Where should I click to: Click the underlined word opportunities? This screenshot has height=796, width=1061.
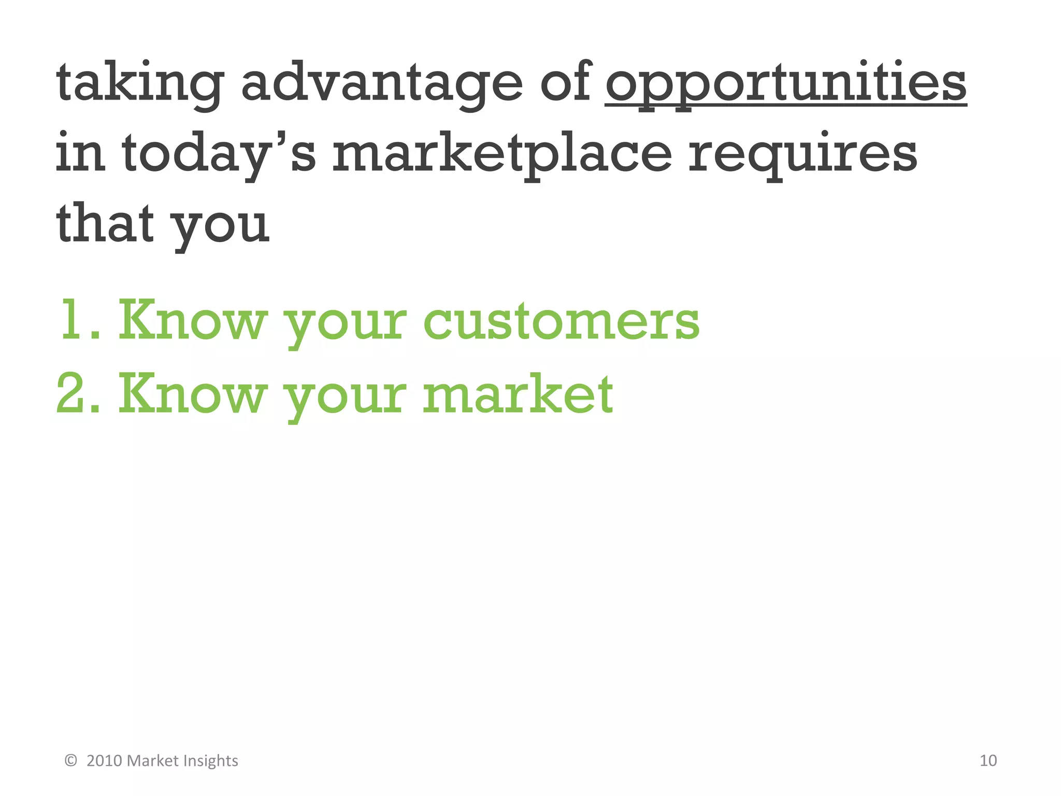785,83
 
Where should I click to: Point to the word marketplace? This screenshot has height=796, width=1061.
502,153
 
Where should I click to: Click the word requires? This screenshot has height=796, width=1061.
802,153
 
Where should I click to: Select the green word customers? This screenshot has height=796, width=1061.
562,321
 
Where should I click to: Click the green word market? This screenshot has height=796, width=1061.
518,395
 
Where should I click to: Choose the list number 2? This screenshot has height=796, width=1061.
73,395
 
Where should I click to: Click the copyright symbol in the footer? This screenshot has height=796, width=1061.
71,760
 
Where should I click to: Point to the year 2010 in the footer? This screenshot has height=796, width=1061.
104,760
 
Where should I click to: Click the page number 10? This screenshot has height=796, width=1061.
988,760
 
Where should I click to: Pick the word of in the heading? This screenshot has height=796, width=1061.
566,83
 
